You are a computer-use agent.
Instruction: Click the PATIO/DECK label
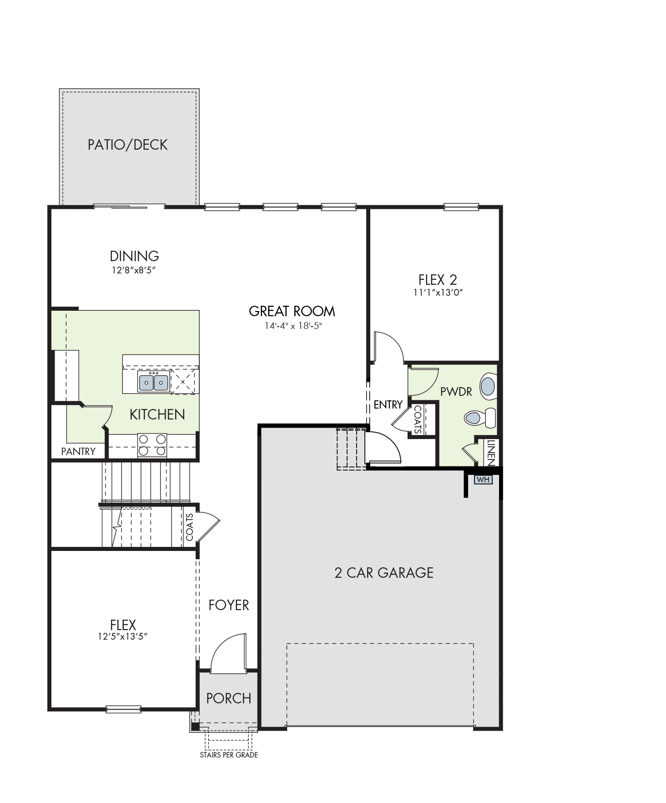point(128,145)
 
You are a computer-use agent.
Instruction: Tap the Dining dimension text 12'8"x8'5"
point(134,270)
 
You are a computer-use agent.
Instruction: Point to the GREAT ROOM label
point(292,311)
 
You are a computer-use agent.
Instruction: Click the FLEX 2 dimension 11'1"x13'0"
point(438,293)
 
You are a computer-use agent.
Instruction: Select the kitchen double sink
point(154,381)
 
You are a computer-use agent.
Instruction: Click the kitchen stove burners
point(152,445)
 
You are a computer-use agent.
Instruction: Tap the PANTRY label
point(78,451)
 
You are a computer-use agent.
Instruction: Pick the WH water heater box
point(483,480)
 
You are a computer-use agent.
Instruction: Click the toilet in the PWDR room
point(480,417)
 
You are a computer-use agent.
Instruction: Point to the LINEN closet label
point(490,452)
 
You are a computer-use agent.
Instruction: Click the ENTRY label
point(388,404)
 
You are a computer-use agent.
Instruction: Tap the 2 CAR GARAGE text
point(384,572)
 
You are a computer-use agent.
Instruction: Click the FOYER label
point(229,605)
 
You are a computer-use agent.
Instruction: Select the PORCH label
point(229,698)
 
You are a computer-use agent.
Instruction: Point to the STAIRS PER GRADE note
point(229,755)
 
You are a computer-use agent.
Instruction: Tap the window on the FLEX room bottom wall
point(123,708)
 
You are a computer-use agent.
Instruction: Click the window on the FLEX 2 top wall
point(461,207)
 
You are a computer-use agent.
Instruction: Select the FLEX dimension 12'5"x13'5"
point(123,636)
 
